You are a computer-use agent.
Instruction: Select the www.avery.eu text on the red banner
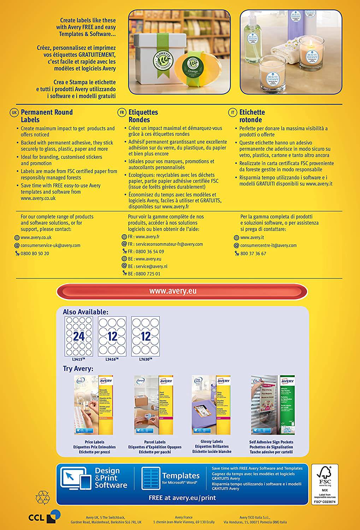tap(173, 291)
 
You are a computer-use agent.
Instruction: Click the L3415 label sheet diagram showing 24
tap(78, 336)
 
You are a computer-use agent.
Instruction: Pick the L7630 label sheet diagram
tap(145, 336)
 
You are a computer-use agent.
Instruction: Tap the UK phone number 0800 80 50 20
tap(35, 254)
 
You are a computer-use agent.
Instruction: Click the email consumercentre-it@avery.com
tap(268, 245)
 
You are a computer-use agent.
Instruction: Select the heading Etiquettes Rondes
tap(143, 116)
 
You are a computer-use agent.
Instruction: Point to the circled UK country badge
tap(14, 112)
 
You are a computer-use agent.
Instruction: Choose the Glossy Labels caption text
tap(211, 442)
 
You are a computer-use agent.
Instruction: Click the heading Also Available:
tap(85, 312)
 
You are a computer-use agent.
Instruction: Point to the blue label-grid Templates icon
tap(151, 479)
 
